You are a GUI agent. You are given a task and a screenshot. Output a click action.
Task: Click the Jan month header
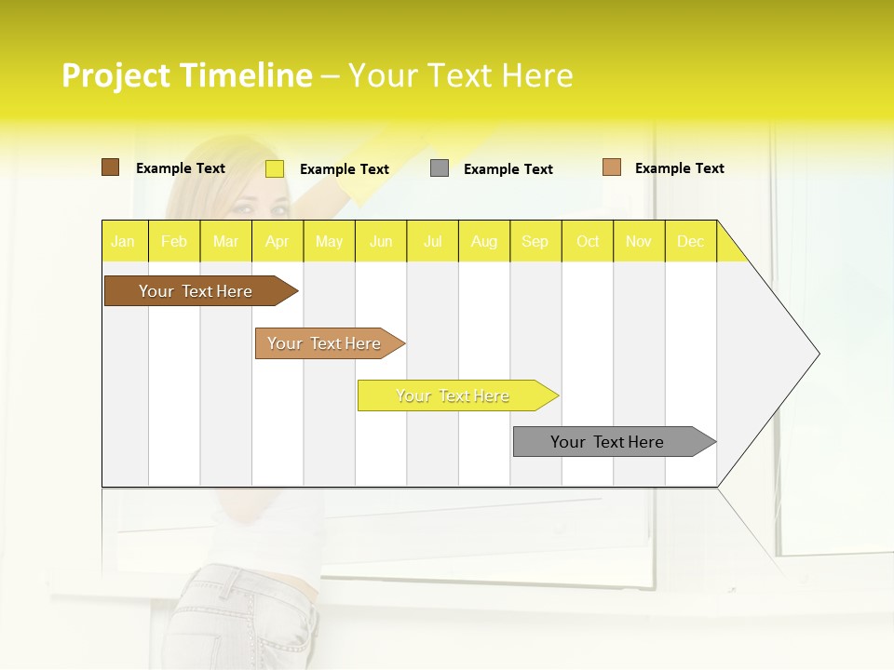124,241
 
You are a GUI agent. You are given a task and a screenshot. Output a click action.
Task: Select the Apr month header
278,241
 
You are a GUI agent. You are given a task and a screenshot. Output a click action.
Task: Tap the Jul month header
432,241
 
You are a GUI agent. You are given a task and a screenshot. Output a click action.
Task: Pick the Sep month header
535,241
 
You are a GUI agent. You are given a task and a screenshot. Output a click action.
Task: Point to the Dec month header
690,241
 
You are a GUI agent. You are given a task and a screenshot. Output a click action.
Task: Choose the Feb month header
174,241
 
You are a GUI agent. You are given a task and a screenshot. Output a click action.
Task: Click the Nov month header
639,241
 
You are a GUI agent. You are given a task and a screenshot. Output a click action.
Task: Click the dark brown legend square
110,167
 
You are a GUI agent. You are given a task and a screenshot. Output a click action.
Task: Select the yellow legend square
275,168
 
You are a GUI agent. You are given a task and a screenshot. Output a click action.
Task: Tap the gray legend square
440,168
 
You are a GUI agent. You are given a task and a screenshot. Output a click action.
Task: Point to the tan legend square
612,167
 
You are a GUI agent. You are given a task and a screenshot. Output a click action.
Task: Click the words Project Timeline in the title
187,75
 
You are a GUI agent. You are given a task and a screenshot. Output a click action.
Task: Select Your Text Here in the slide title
460,75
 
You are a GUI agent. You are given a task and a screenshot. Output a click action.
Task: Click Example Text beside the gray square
508,169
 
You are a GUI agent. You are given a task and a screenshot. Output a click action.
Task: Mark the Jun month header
381,241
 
